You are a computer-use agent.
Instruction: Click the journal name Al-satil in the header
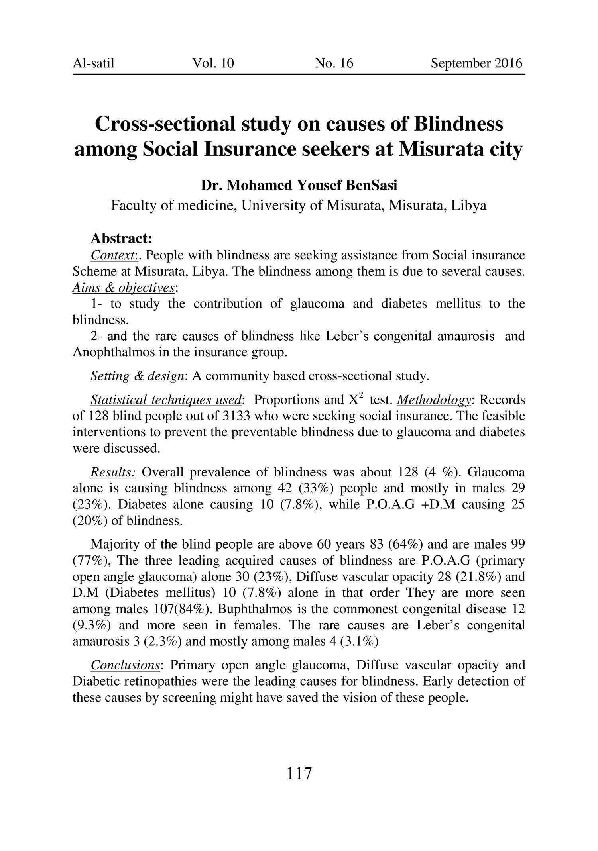93,63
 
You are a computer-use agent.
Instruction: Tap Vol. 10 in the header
213,63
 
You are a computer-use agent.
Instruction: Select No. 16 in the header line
334,63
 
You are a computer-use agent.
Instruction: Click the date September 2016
476,63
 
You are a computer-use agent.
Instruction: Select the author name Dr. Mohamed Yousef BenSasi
299,186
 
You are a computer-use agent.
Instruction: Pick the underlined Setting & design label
138,376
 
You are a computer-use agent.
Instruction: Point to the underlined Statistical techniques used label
166,400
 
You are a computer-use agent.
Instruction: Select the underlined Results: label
114,473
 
